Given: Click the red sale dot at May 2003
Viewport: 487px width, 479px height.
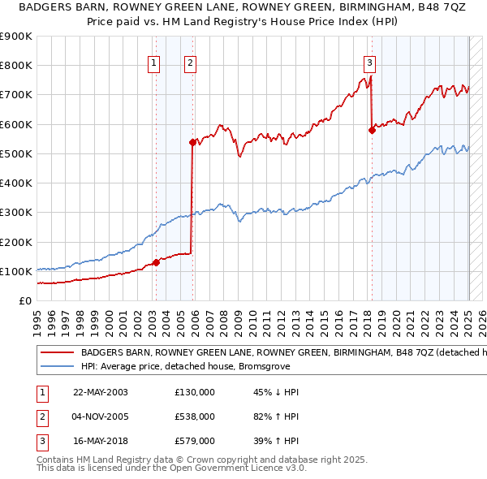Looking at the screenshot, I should pos(157,262).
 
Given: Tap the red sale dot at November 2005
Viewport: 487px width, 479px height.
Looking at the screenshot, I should pos(192,142).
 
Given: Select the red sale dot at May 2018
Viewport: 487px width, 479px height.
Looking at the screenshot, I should pos(372,130).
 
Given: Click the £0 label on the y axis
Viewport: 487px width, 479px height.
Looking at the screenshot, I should pos(24,300).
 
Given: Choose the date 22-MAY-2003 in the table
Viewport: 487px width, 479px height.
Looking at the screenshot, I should pos(101,392).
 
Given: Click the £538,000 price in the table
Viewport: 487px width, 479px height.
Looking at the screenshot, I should pos(195,416).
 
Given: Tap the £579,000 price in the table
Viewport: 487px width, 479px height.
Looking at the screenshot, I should pos(195,441).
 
